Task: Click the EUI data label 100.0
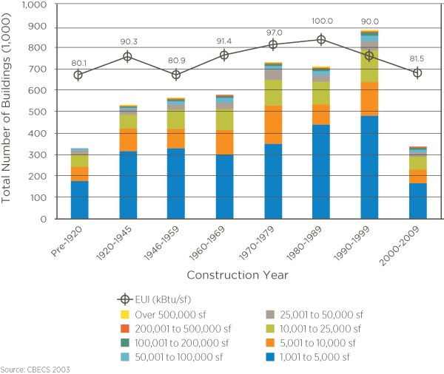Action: point(320,22)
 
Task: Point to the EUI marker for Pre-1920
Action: point(79,75)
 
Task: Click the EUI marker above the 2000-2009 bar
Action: point(417,72)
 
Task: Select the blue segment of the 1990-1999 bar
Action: point(369,167)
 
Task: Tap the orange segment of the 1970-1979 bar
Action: point(272,124)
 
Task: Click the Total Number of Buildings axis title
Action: point(9,111)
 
